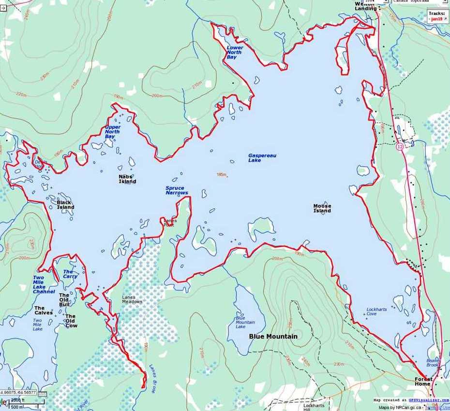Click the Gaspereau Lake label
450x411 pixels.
tap(261, 158)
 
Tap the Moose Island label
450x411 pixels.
tap(322, 208)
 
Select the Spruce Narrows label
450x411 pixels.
tap(177, 190)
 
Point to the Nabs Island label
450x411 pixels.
tap(127, 179)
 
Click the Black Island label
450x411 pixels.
tap(65, 205)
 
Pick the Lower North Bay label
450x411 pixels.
tap(235, 53)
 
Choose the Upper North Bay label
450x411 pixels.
tap(113, 131)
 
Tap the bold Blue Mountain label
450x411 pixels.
tap(273, 336)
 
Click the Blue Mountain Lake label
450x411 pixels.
tap(245, 322)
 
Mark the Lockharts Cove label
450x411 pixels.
tap(376, 312)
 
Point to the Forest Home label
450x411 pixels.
tap(423, 382)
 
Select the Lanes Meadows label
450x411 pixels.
tap(132, 299)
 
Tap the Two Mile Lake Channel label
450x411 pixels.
tap(44, 285)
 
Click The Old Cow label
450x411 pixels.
tap(71, 321)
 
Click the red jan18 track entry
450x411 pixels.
tap(436, 19)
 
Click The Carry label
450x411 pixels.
tap(70, 274)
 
